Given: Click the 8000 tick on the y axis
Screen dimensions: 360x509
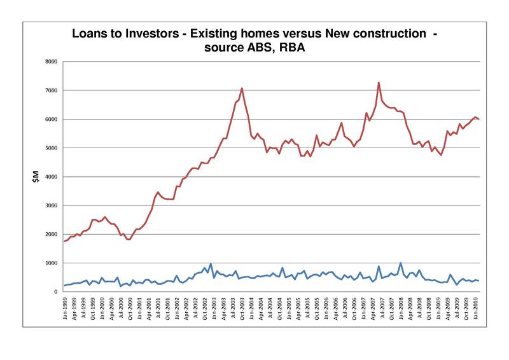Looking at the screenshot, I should click(x=51, y=62).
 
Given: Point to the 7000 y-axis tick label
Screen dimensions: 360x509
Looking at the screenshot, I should click(x=51, y=90).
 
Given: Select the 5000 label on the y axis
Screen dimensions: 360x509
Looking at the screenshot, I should click(x=51, y=148).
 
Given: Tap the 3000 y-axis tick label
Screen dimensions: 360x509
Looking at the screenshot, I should click(x=51, y=205).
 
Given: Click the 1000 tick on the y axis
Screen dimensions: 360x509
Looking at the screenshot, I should click(x=51, y=263).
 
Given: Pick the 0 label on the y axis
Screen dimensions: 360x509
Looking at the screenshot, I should click(x=56, y=292).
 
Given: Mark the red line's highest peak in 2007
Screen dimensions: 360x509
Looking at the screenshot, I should click(x=379, y=82).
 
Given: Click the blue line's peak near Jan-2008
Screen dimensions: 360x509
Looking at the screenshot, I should click(x=400, y=263).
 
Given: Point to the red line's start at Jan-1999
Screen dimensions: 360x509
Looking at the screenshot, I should click(x=64, y=241).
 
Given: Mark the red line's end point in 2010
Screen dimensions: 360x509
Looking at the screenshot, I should click(x=478, y=119).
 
